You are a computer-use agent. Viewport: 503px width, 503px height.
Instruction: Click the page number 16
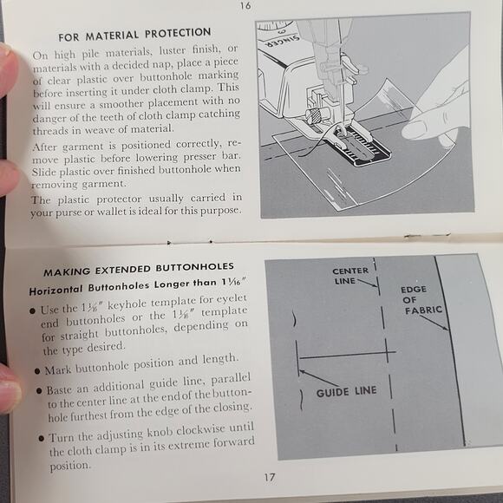point(245,6)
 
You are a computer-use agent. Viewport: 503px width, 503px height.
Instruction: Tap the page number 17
point(270,477)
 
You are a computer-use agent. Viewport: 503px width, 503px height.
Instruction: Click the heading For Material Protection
point(134,35)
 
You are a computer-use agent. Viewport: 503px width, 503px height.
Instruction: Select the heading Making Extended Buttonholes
point(139,270)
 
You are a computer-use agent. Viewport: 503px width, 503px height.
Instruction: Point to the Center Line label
point(349,276)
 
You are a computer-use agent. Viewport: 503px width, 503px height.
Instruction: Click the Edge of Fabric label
point(421,300)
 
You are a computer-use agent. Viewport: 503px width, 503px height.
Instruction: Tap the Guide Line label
point(346,392)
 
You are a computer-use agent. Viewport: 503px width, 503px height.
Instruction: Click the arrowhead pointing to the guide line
point(302,372)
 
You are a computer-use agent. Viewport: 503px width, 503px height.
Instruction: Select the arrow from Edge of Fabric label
point(434,323)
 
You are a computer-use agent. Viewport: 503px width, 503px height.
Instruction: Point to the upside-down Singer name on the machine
point(283,41)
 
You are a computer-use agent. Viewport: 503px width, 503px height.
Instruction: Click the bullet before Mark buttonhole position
point(37,371)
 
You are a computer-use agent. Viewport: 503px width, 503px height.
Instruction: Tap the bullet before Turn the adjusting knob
point(41,438)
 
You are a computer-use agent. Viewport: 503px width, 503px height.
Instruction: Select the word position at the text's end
point(70,466)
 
